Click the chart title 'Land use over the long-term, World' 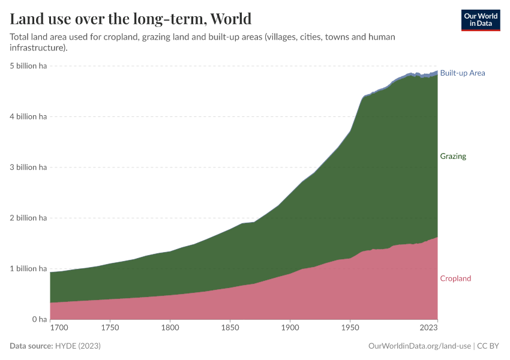coord(131,19)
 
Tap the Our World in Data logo coord(480,20)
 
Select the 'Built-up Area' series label coord(462,73)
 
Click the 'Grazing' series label coord(452,156)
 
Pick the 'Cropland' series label coord(455,278)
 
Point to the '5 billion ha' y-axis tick coord(28,65)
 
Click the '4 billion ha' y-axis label coord(28,116)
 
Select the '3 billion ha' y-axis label coord(28,167)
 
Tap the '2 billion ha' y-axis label coord(28,218)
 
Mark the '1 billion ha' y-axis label coord(28,269)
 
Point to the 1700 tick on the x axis coord(59,328)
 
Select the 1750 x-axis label coord(110,328)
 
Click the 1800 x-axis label coord(170,328)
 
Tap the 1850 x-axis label coord(230,328)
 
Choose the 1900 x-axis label coord(290,328)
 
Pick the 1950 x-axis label coord(350,328)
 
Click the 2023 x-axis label coord(428,328)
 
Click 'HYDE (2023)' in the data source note coord(77,346)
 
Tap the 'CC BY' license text coord(488,346)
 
